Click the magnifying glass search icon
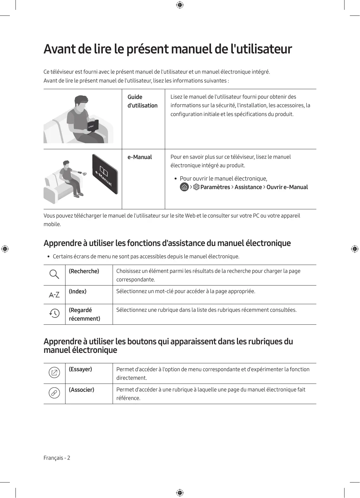(x=54, y=274)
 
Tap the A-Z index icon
(x=54, y=295)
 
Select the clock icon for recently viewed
(x=54, y=313)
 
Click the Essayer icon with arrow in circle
(x=54, y=373)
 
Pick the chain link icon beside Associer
(x=54, y=393)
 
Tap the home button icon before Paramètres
(x=184, y=187)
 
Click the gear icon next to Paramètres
(x=196, y=187)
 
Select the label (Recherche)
(x=84, y=271)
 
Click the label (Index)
(x=78, y=292)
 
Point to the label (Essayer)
(x=80, y=369)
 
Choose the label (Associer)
(x=82, y=390)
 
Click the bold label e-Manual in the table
(x=140, y=157)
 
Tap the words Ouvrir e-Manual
(x=287, y=187)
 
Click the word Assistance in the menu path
(x=248, y=187)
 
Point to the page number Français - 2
(x=57, y=458)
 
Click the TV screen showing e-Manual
(x=105, y=174)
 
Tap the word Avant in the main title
(x=59, y=49)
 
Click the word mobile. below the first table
(x=52, y=224)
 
